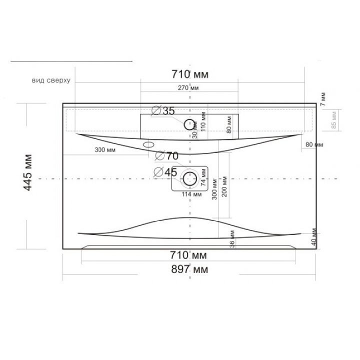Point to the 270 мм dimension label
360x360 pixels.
pyautogui.click(x=188, y=88)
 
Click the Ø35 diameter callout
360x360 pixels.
pyautogui.click(x=162, y=111)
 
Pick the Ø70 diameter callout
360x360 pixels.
pyautogui.click(x=167, y=156)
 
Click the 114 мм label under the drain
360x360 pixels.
pyautogui.click(x=191, y=194)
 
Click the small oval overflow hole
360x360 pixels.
pyautogui.click(x=148, y=144)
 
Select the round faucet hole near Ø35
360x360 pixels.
pyautogui.click(x=190, y=124)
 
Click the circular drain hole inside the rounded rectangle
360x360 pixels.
pyautogui.click(x=190, y=177)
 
